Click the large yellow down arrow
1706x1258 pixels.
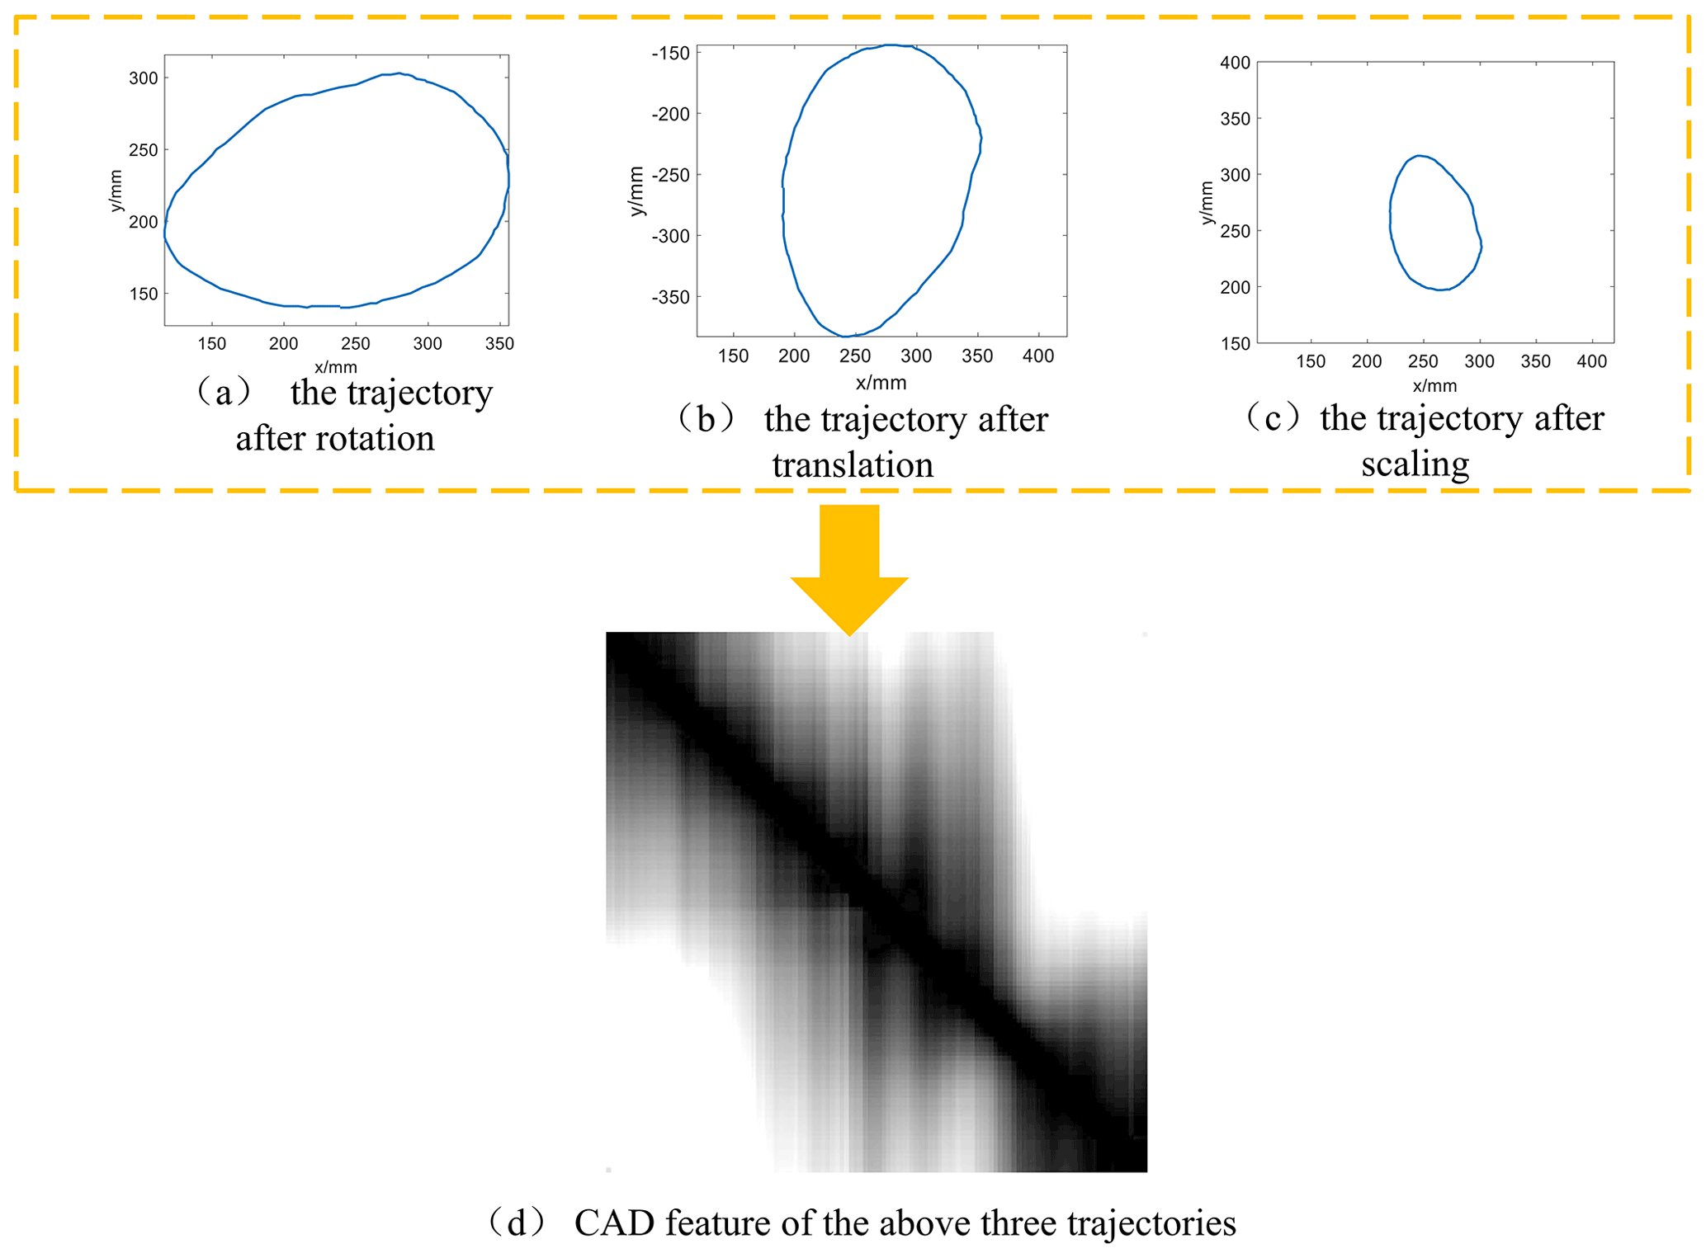tap(848, 569)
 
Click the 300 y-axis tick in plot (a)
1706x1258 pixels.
tap(143, 78)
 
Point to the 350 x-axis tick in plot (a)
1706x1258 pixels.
tap(499, 344)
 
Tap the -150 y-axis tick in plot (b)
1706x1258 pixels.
tap(670, 54)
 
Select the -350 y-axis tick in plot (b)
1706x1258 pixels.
tap(670, 297)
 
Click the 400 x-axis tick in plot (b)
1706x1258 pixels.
tap(1037, 356)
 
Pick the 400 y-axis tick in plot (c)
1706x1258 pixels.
tap(1235, 63)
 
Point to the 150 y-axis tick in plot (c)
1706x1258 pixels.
tap(1235, 343)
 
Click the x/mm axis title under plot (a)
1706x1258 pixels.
tap(335, 367)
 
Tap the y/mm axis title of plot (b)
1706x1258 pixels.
tap(636, 191)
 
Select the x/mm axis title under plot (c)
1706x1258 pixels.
tap(1434, 385)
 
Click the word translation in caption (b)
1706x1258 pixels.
tap(853, 465)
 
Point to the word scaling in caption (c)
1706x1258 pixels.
tap(1415, 464)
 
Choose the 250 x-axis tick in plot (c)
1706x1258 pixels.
tap(1422, 361)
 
